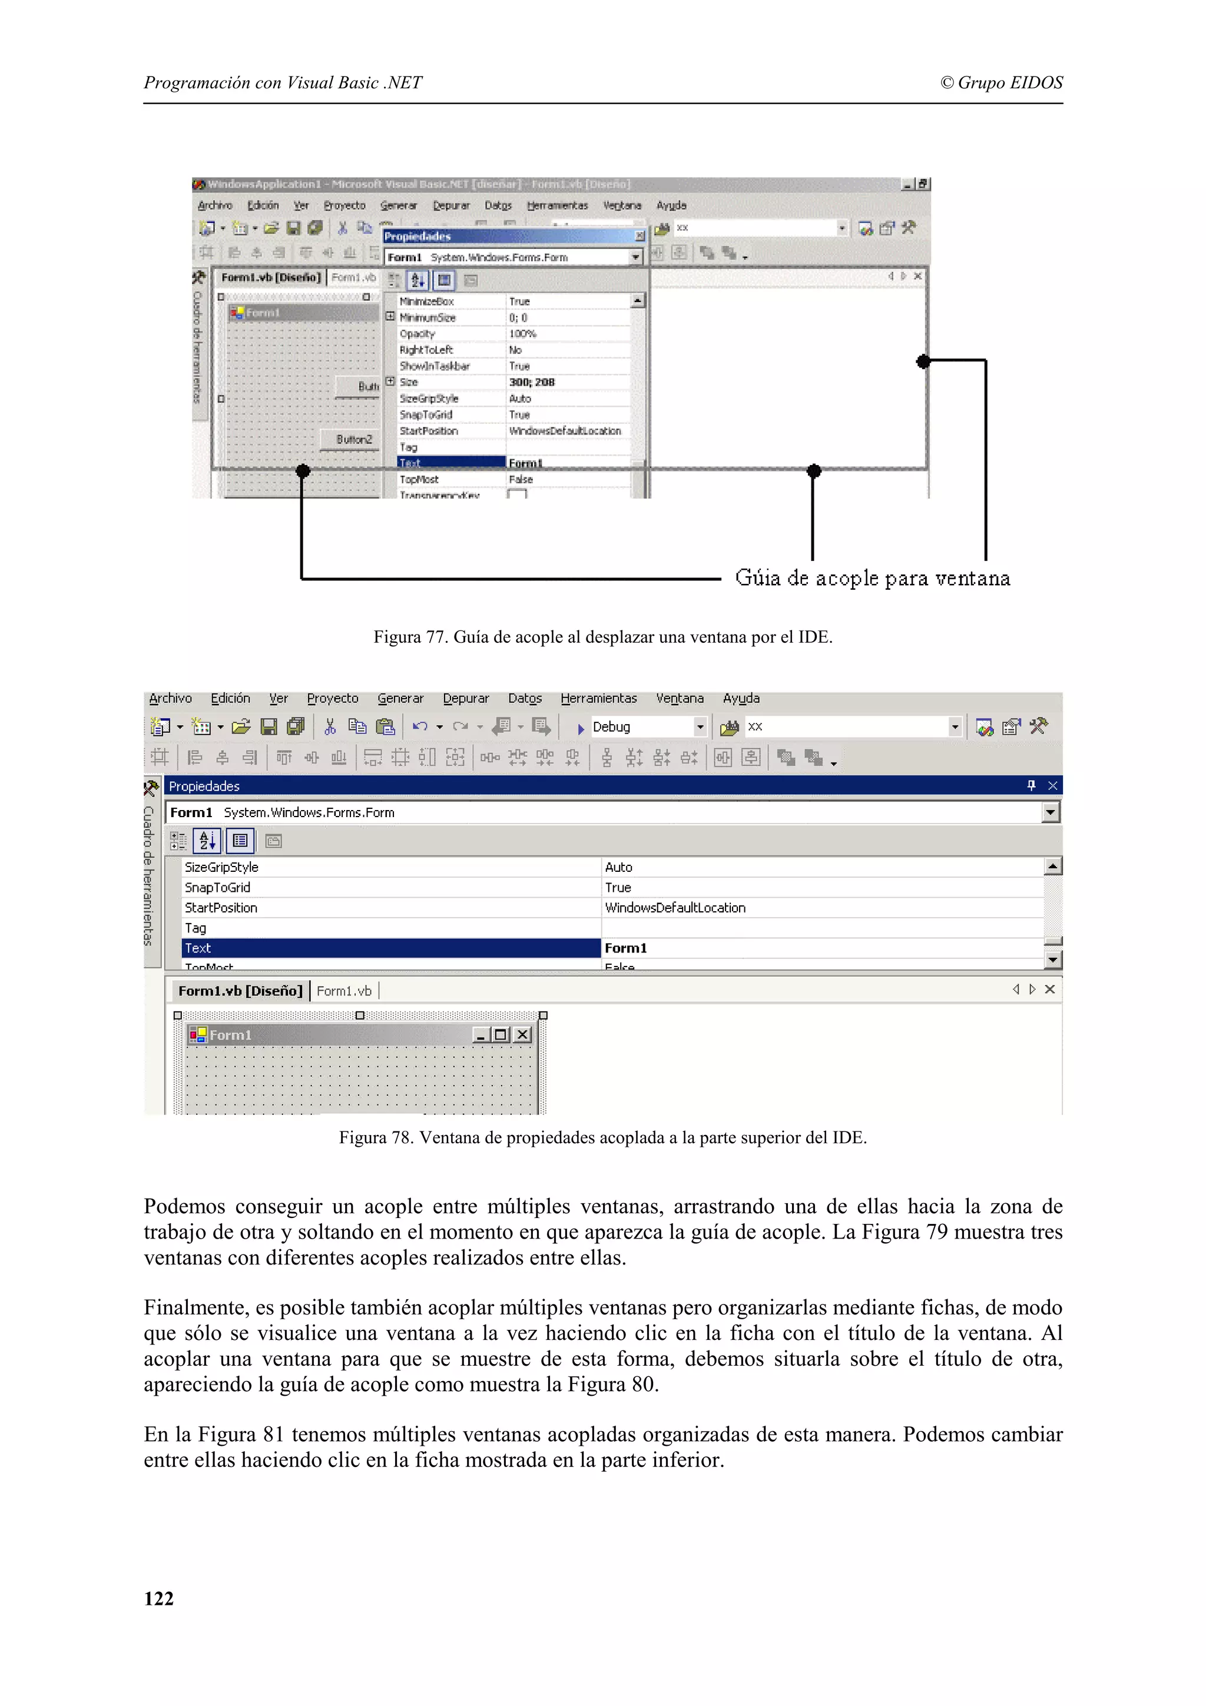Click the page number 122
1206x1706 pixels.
[x=158, y=1598]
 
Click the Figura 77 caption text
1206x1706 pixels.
[x=602, y=637]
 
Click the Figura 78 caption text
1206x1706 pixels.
[x=602, y=1137]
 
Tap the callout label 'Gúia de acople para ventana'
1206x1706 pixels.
[x=872, y=578]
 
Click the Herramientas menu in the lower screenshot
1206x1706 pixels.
[x=598, y=698]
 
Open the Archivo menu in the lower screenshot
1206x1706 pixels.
[x=170, y=698]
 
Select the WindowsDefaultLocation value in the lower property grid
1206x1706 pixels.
[x=675, y=908]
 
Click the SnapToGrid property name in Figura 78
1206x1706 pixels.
[x=218, y=888]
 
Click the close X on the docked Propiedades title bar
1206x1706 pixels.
[x=1052, y=786]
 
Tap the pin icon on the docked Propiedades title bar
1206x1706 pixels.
[x=1031, y=786]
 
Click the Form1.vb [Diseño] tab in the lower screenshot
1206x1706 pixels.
[x=240, y=991]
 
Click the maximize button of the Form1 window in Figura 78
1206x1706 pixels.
[x=501, y=1035]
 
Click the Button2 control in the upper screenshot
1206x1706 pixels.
[x=353, y=439]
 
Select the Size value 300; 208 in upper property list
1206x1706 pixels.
[x=532, y=382]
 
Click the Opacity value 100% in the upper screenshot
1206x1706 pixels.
[x=522, y=334]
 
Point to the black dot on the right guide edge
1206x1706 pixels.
[x=923, y=361]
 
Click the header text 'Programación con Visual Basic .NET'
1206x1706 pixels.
[x=283, y=82]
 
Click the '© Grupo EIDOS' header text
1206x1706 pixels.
[x=1001, y=82]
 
